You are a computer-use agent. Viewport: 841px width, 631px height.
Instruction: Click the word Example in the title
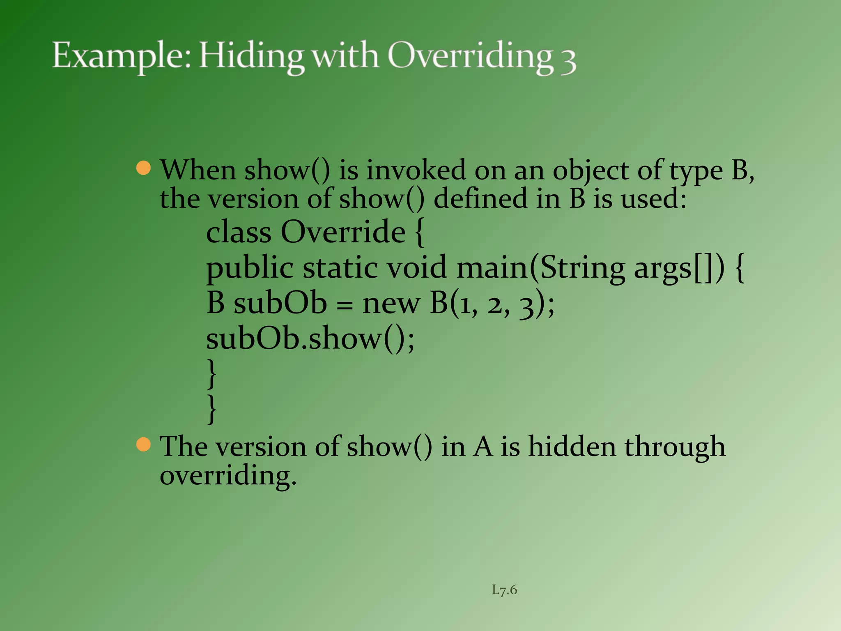[122, 56]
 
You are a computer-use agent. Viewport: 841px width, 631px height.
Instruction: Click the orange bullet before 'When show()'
[144, 168]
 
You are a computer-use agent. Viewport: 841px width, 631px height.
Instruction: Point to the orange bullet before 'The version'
[144, 444]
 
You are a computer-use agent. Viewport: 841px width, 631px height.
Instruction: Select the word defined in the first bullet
[480, 198]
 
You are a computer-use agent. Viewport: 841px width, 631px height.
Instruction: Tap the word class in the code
[239, 232]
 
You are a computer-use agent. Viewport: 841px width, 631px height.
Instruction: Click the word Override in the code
[343, 232]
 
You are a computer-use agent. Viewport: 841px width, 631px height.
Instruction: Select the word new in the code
[391, 304]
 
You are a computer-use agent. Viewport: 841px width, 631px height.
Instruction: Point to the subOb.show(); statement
[310, 339]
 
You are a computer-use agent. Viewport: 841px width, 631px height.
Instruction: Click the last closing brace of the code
[212, 409]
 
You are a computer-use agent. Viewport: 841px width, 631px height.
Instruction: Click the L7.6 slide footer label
[504, 590]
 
